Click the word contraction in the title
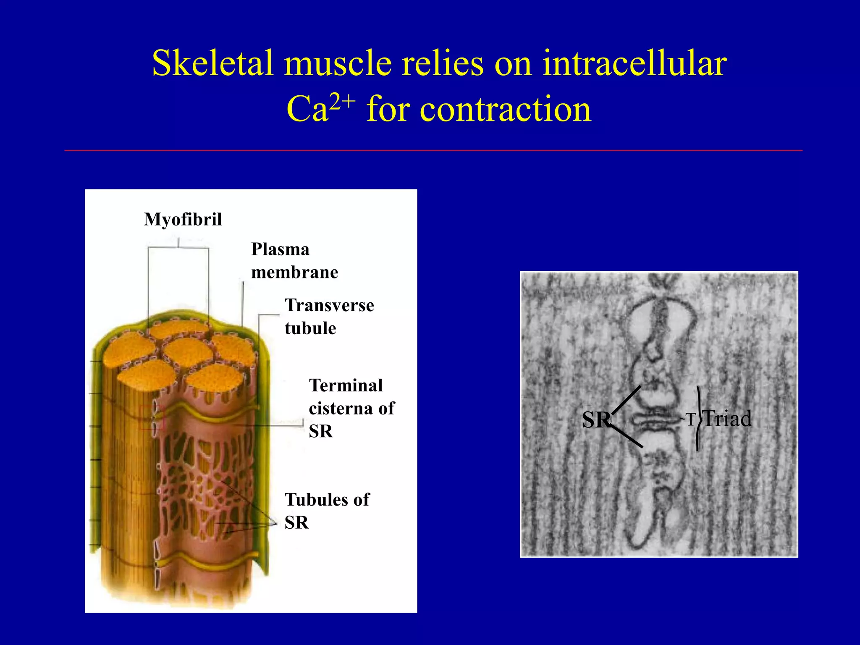pyautogui.click(x=479, y=109)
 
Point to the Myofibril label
pyautogui.click(x=183, y=219)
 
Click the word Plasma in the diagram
pyautogui.click(x=280, y=249)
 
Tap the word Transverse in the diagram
pyautogui.click(x=329, y=305)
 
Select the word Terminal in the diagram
pyautogui.click(x=346, y=385)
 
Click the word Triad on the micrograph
pyautogui.click(x=727, y=419)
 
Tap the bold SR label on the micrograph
pyautogui.click(x=595, y=420)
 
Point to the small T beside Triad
pyautogui.click(x=691, y=419)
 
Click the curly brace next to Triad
pyautogui.click(x=698, y=419)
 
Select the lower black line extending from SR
pyautogui.click(x=627, y=436)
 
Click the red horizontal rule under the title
pyautogui.click(x=433, y=150)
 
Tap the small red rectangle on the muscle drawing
pyautogui.click(x=152, y=418)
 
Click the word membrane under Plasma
pyautogui.click(x=294, y=273)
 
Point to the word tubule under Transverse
pyautogui.click(x=310, y=328)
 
